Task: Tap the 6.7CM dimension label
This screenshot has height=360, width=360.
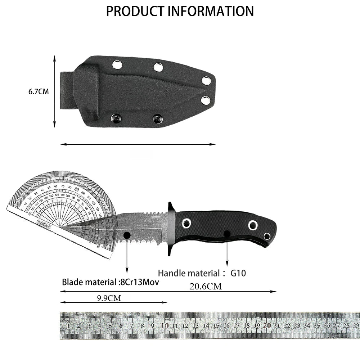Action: [x=39, y=91]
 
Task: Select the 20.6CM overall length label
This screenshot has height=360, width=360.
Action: [x=206, y=286]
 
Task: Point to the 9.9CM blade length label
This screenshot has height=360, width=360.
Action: [x=109, y=298]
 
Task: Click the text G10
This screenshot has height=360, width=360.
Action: [x=238, y=273]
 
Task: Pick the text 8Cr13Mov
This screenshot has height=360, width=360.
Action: [x=139, y=282]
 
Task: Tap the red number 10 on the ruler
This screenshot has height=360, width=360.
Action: [x=165, y=325]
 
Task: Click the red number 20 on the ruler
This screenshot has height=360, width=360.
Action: [x=267, y=325]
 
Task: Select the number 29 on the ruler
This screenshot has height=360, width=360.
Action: [x=356, y=325]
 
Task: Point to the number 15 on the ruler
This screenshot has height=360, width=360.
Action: [x=216, y=325]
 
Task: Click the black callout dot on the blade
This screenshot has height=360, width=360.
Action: [x=127, y=235]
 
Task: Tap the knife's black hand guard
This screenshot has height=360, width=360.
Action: [x=171, y=228]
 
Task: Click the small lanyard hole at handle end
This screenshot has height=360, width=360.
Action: [x=267, y=236]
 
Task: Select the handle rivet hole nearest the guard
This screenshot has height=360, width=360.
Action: [x=186, y=224]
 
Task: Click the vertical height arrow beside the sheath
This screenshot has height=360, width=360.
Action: [x=54, y=91]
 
